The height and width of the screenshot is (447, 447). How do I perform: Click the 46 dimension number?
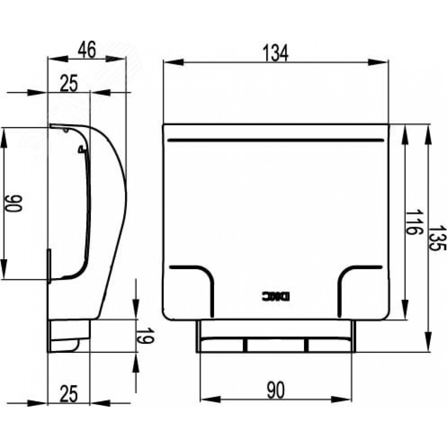pyautogui.click(x=87, y=50)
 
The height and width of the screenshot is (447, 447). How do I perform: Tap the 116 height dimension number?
pyautogui.click(x=413, y=222)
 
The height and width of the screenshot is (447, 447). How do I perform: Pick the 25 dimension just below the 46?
pyautogui.click(x=69, y=84)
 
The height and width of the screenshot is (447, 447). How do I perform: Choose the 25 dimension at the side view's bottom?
pyautogui.click(x=69, y=393)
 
